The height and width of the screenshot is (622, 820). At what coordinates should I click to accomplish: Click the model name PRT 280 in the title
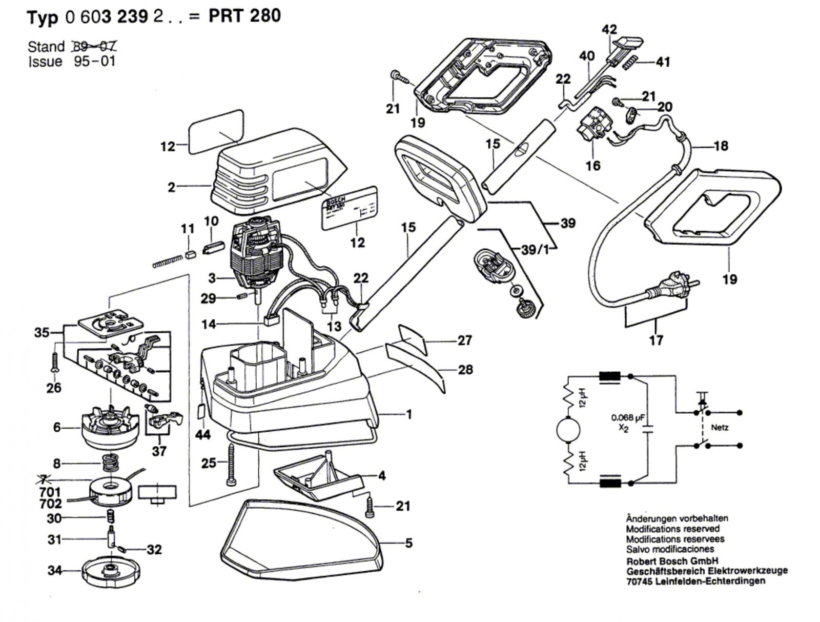[244, 16]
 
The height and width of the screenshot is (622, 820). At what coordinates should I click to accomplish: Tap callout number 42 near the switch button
[609, 29]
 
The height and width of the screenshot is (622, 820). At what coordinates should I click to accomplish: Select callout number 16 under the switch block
[593, 165]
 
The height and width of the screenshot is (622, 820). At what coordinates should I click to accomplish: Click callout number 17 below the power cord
[656, 339]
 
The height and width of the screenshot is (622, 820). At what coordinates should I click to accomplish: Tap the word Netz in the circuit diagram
[720, 427]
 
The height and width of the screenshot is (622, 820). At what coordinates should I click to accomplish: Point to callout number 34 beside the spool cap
[55, 570]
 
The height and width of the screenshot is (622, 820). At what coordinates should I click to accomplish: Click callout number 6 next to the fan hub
[57, 427]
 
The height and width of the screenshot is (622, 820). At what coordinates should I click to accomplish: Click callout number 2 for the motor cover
[172, 187]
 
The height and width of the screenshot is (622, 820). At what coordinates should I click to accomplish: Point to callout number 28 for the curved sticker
[465, 369]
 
